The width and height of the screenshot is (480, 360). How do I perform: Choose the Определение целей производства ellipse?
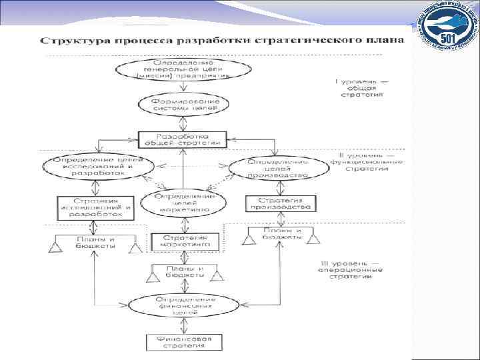coord(277,168)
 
